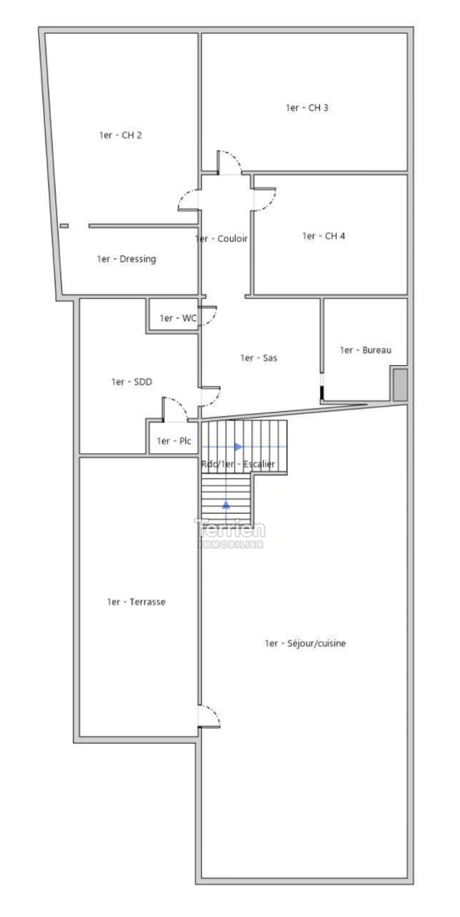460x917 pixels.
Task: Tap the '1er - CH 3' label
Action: [307, 108]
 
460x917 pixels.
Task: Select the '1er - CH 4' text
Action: [323, 236]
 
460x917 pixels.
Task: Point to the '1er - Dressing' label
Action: [126, 259]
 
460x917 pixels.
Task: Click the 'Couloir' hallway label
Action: [222, 239]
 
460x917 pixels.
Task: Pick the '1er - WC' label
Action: [178, 318]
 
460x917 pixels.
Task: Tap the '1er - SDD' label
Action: [132, 382]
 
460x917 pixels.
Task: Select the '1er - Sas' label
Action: [259, 358]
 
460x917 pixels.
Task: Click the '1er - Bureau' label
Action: [366, 350]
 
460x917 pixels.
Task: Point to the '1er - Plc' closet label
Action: [174, 442]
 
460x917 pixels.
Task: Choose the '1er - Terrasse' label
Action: [136, 602]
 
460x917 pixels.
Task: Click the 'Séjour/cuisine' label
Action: [305, 644]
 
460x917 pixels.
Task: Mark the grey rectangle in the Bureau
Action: [399, 385]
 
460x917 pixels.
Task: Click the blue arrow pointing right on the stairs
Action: [238, 446]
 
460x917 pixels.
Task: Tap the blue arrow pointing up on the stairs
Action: [227, 504]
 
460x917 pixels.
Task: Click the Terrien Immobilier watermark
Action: [230, 532]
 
